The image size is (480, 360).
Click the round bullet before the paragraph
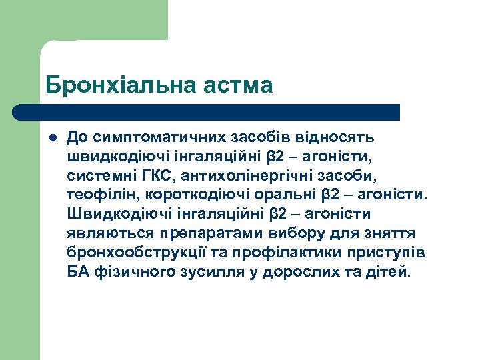pyautogui.click(x=51, y=138)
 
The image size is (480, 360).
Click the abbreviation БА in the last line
pyautogui.click(x=77, y=273)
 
